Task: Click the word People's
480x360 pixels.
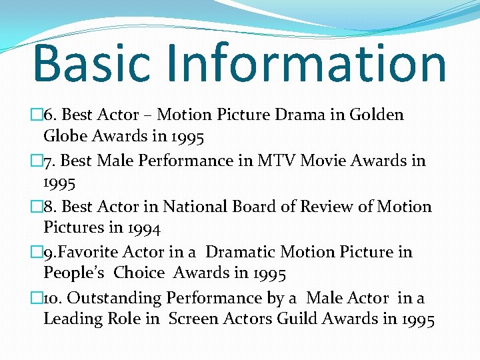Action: [73, 273]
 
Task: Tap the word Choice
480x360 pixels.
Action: [139, 273]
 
